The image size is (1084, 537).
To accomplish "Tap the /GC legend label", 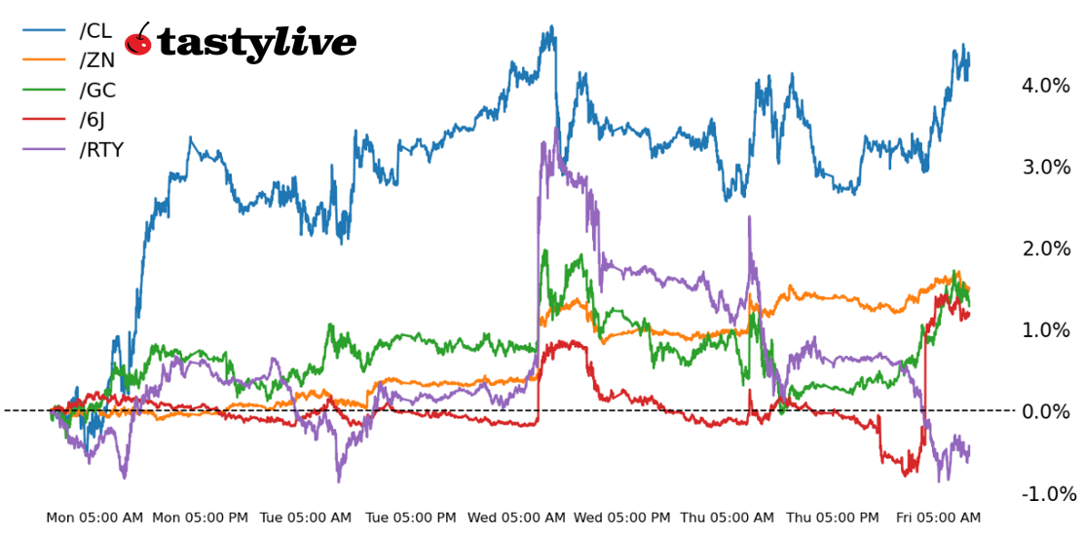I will coord(97,91).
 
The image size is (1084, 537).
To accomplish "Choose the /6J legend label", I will coord(94,120).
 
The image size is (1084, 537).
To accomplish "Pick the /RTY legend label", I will coord(101,150).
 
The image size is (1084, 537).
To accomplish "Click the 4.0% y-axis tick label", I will coord(1045,86).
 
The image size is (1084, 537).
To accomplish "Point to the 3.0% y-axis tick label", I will coord(1045,167).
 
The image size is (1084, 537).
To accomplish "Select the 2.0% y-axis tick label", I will coord(1045,249).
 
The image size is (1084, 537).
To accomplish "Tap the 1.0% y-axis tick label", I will coord(1045,330).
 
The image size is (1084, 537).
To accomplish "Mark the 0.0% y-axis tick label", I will coord(1045,411).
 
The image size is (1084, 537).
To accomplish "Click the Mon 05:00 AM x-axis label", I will coord(94,518).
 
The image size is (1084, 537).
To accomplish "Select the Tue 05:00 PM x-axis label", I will coord(410,518).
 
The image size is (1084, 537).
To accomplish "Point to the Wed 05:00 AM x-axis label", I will coord(515,518).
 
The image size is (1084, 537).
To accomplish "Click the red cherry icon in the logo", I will coord(139,42).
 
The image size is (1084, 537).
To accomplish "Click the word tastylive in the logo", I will coord(256,44).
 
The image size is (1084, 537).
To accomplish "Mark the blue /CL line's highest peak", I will coord(552,27).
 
